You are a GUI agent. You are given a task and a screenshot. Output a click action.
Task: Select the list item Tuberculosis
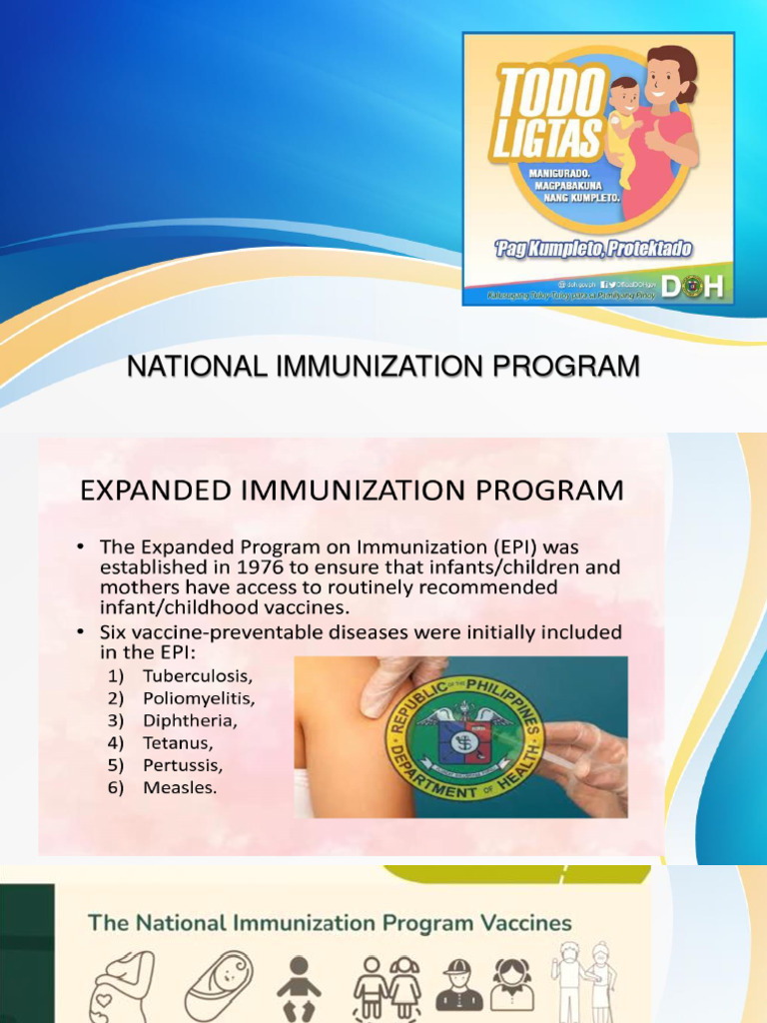(197, 676)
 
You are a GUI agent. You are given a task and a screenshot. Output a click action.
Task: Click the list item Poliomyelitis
(198, 698)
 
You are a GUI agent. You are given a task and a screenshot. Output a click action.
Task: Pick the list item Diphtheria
(191, 720)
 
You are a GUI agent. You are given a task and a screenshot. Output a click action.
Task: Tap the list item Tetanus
(178, 743)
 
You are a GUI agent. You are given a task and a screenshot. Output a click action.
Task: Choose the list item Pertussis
(183, 765)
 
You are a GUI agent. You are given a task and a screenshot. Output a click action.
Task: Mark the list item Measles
(180, 787)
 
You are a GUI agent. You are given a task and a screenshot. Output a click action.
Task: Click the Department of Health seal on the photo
(464, 739)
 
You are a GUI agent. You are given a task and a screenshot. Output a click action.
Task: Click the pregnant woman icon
(123, 984)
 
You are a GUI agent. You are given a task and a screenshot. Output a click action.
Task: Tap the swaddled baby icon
(217, 984)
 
